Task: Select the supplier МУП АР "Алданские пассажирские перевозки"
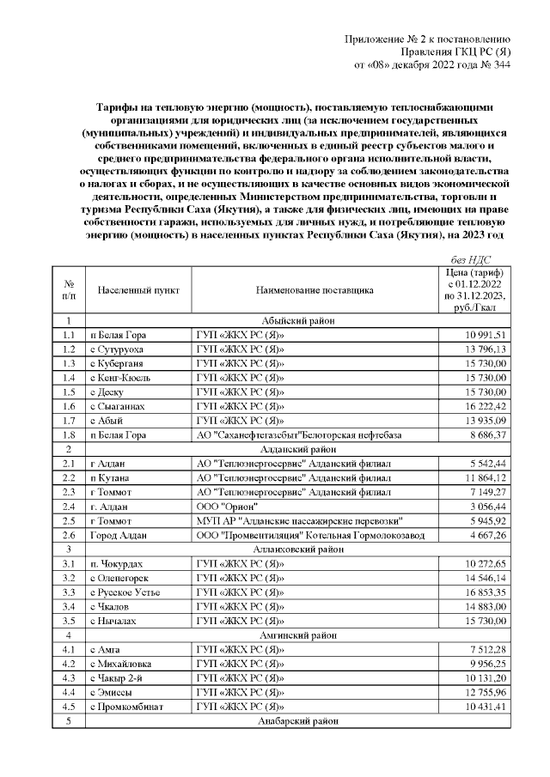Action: click(x=297, y=521)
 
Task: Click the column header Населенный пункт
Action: click(x=138, y=290)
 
